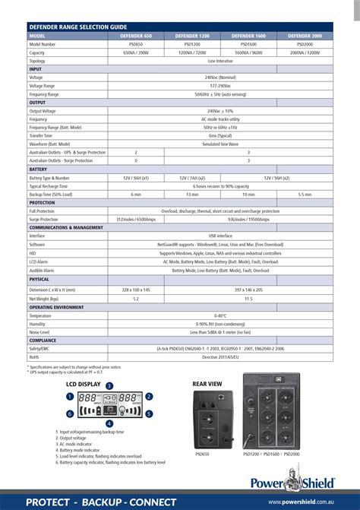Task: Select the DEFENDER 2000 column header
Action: (305, 36)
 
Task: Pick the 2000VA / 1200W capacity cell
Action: (305, 52)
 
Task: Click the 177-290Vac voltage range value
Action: (220, 86)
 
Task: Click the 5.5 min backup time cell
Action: (305, 195)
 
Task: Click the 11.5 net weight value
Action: (248, 299)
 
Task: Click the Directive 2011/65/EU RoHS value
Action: (220, 356)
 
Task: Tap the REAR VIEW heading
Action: (207, 385)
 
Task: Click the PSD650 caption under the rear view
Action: (201, 454)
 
